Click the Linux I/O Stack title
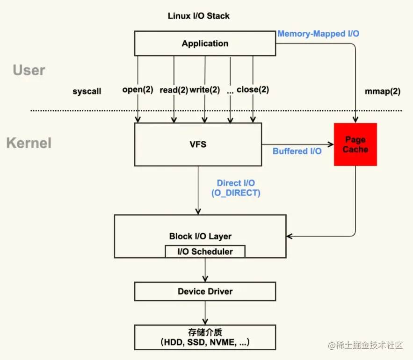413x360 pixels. click(199, 16)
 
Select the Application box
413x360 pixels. click(205, 43)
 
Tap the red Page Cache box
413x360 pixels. click(355, 144)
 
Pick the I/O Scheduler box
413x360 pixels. click(205, 252)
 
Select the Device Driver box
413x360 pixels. click(205, 291)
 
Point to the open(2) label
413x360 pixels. click(138, 90)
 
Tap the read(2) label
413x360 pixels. click(174, 90)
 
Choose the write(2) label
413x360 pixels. click(204, 90)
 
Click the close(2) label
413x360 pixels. click(253, 90)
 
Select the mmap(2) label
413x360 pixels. click(382, 92)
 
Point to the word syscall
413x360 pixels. click(87, 92)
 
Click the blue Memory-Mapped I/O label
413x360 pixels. click(318, 34)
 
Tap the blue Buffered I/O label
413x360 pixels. click(297, 151)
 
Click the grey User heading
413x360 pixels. click(29, 71)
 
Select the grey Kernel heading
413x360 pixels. click(29, 143)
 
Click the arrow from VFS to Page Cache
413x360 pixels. click(297, 144)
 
